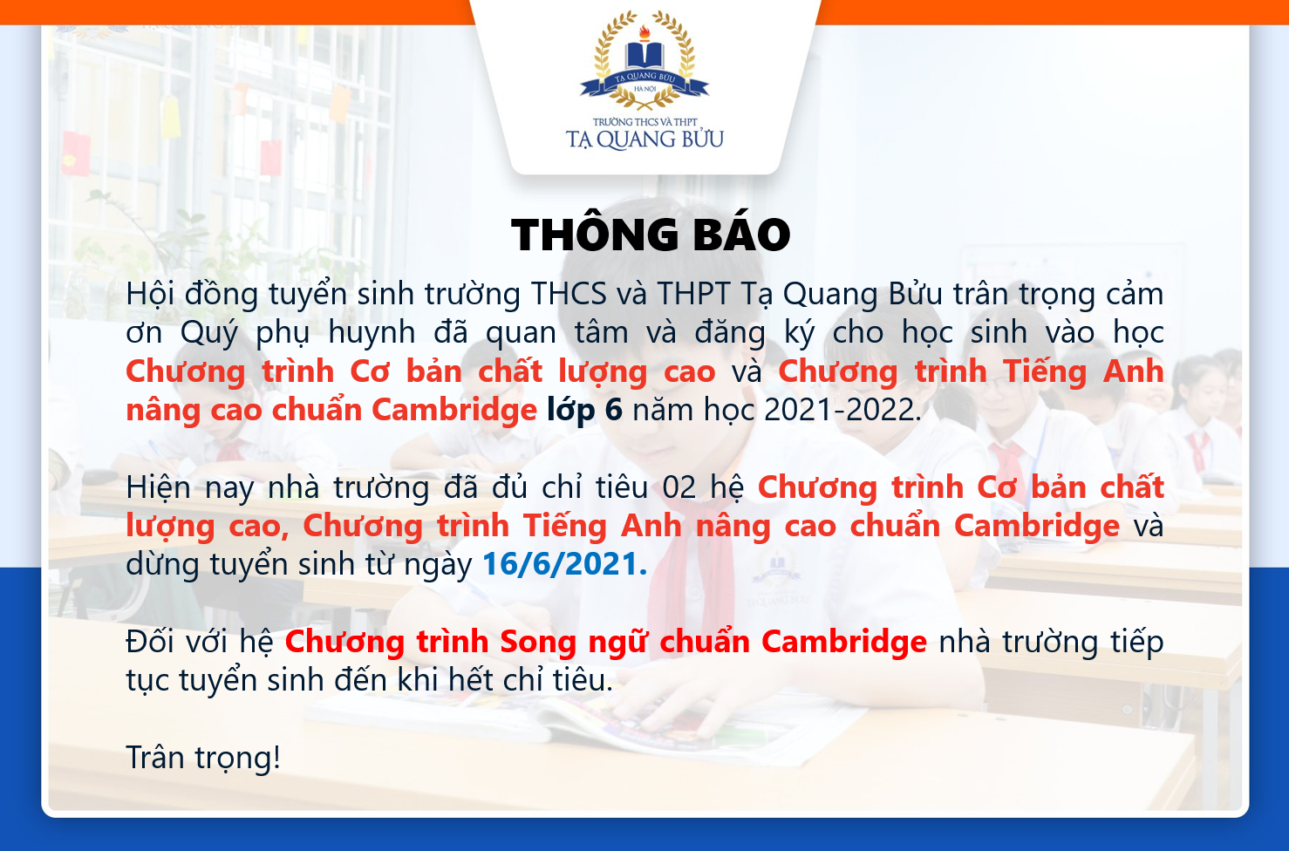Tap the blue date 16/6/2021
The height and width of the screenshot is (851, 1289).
pos(564,563)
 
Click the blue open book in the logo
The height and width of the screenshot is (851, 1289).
pos(644,56)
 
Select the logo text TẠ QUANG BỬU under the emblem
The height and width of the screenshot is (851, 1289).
pos(644,140)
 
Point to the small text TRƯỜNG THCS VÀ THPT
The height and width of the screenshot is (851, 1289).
pos(645,122)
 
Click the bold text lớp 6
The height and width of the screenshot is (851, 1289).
pos(584,411)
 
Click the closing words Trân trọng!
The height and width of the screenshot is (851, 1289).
pos(203,758)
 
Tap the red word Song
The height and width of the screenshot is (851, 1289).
pos(538,642)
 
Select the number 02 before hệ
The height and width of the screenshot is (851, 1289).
pos(679,487)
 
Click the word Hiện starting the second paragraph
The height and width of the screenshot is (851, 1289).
pos(158,488)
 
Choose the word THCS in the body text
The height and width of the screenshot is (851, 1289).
pos(569,294)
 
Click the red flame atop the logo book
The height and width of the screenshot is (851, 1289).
pos(644,32)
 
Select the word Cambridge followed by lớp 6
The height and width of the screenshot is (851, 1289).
pos(454,411)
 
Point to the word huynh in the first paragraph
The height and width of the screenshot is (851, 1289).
pos(372,333)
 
